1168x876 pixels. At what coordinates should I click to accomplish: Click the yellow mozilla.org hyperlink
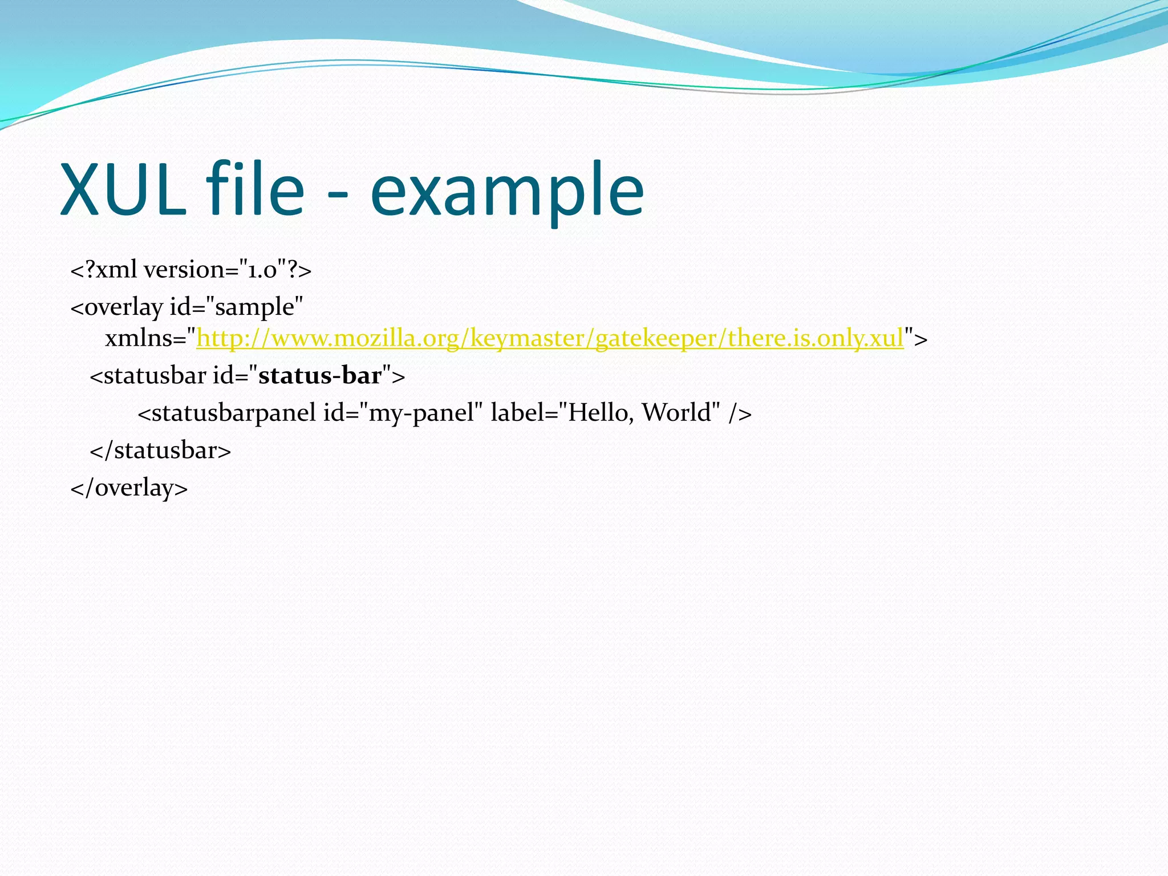click(550, 338)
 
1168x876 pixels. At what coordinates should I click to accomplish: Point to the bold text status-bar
click(320, 376)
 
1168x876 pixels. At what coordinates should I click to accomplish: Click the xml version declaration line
click(190, 270)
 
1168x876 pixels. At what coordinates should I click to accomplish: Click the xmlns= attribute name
click(146, 339)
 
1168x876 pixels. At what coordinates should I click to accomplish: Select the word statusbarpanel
click(226, 413)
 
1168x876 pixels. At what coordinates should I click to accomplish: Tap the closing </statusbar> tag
click(160, 451)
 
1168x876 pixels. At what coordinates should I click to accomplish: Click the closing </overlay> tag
click(129, 488)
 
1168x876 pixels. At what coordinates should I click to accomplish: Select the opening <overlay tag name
click(116, 307)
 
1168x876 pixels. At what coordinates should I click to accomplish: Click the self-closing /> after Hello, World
click(740, 413)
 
